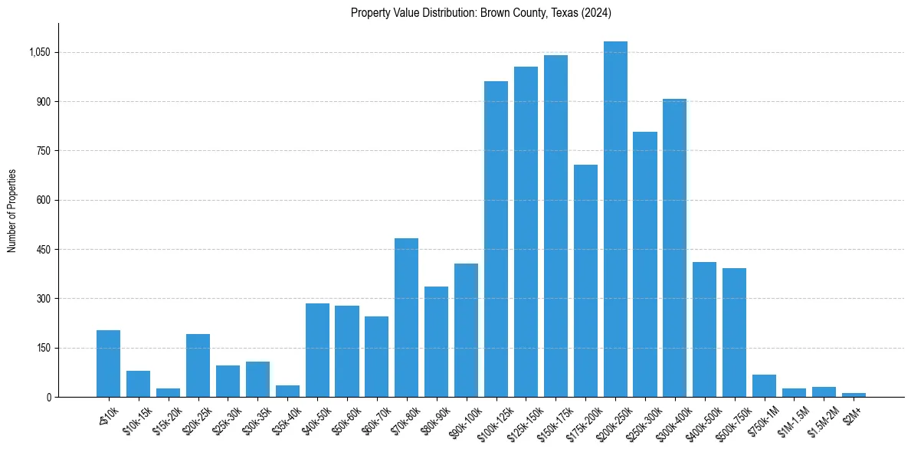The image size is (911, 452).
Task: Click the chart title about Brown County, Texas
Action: click(480, 13)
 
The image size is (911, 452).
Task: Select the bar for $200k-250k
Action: click(615, 219)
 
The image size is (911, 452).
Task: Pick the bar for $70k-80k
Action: click(406, 317)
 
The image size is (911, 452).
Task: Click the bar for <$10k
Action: click(108, 363)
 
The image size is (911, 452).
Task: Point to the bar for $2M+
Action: click(854, 395)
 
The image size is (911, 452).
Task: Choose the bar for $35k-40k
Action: click(287, 391)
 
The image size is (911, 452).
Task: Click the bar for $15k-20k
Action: click(168, 392)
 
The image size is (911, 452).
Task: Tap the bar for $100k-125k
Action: click(496, 239)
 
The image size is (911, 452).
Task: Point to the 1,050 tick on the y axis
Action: click(40, 53)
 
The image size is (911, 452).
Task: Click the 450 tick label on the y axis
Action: click(43, 250)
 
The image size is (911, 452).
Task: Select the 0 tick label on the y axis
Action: click(48, 397)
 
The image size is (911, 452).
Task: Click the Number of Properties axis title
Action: click(12, 211)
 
